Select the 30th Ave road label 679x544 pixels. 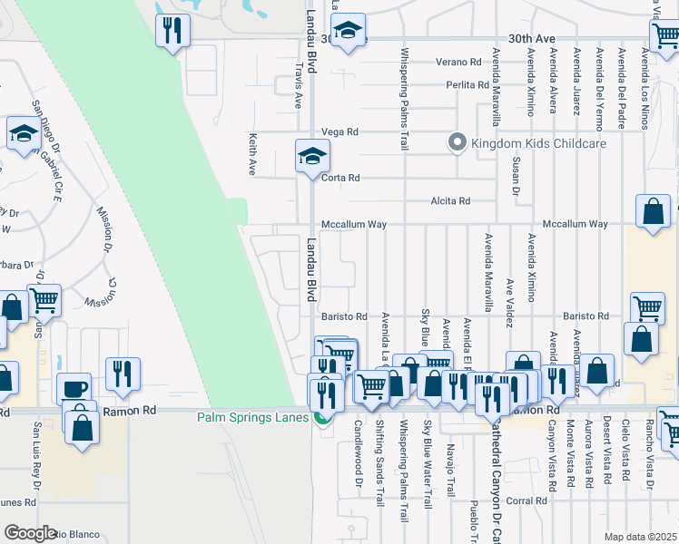(x=531, y=39)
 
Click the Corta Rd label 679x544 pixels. (x=341, y=178)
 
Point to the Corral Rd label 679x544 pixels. (x=526, y=500)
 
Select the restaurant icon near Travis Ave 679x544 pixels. (x=171, y=31)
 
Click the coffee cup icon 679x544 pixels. (x=74, y=389)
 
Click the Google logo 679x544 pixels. (x=30, y=533)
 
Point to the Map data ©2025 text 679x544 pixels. (x=641, y=537)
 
